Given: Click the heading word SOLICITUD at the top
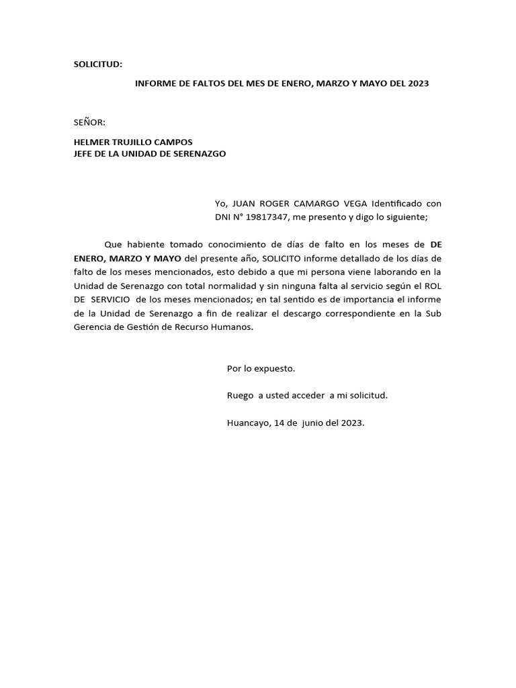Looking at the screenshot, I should [x=97, y=64].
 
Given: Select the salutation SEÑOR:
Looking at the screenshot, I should [x=89, y=122].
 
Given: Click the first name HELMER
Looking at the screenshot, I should [x=92, y=142].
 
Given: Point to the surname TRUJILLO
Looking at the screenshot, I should [x=138, y=142].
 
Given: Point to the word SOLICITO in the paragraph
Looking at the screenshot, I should [x=283, y=258].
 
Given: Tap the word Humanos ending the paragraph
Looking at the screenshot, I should [x=235, y=327].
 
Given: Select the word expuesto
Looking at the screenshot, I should [x=275, y=369].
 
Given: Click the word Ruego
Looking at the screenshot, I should [x=241, y=396].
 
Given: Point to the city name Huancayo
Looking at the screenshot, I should [x=248, y=423].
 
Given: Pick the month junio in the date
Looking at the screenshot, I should [x=307, y=423].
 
